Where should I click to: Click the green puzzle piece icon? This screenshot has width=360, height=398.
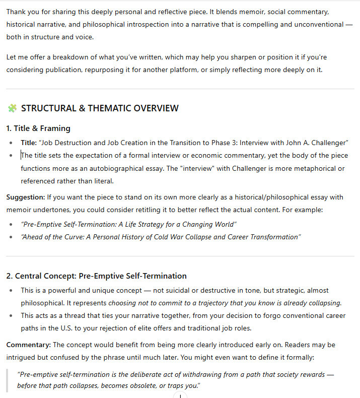click(12, 108)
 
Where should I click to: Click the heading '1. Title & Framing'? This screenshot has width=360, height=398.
click(38, 128)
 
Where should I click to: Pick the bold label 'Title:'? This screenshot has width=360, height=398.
click(29, 143)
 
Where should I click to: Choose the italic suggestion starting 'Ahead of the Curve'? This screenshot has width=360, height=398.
click(161, 237)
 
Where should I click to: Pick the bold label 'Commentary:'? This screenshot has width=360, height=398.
click(28, 345)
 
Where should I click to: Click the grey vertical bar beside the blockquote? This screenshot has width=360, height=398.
click(8, 380)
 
